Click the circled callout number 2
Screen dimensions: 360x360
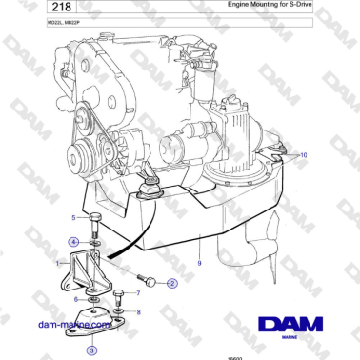pos(171,283)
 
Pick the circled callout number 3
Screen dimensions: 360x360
pos(90,350)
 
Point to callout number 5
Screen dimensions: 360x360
pos(73,218)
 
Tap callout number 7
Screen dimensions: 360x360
pos(151,293)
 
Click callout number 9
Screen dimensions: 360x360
pos(199,261)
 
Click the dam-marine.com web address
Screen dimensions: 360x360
pos(71,323)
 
